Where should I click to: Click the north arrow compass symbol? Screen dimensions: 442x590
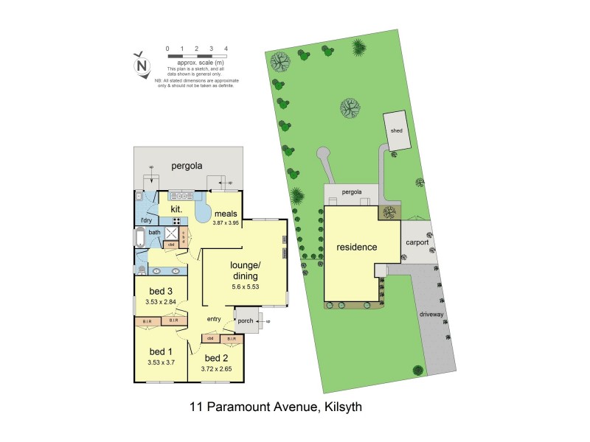(x=141, y=65)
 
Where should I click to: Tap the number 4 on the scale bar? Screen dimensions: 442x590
(x=226, y=49)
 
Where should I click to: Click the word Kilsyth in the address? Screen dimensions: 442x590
(x=337, y=407)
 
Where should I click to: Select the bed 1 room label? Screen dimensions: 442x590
(x=159, y=351)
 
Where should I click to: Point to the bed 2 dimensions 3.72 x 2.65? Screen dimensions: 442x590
(x=215, y=369)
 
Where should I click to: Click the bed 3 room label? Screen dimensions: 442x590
(x=160, y=291)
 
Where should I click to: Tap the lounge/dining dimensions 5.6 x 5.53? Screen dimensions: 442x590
(x=245, y=287)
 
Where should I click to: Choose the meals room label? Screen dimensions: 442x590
(x=226, y=214)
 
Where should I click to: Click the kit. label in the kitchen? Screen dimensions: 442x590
(x=176, y=209)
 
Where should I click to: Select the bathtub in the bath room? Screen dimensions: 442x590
(x=139, y=237)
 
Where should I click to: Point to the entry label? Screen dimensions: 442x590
(x=214, y=318)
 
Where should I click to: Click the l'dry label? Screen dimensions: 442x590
(x=146, y=220)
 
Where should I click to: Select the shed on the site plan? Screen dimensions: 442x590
(x=397, y=130)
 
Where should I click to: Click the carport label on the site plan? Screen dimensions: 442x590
(x=417, y=242)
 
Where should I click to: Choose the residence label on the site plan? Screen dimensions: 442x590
(x=357, y=248)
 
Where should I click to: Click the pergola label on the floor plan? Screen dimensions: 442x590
(x=187, y=166)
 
